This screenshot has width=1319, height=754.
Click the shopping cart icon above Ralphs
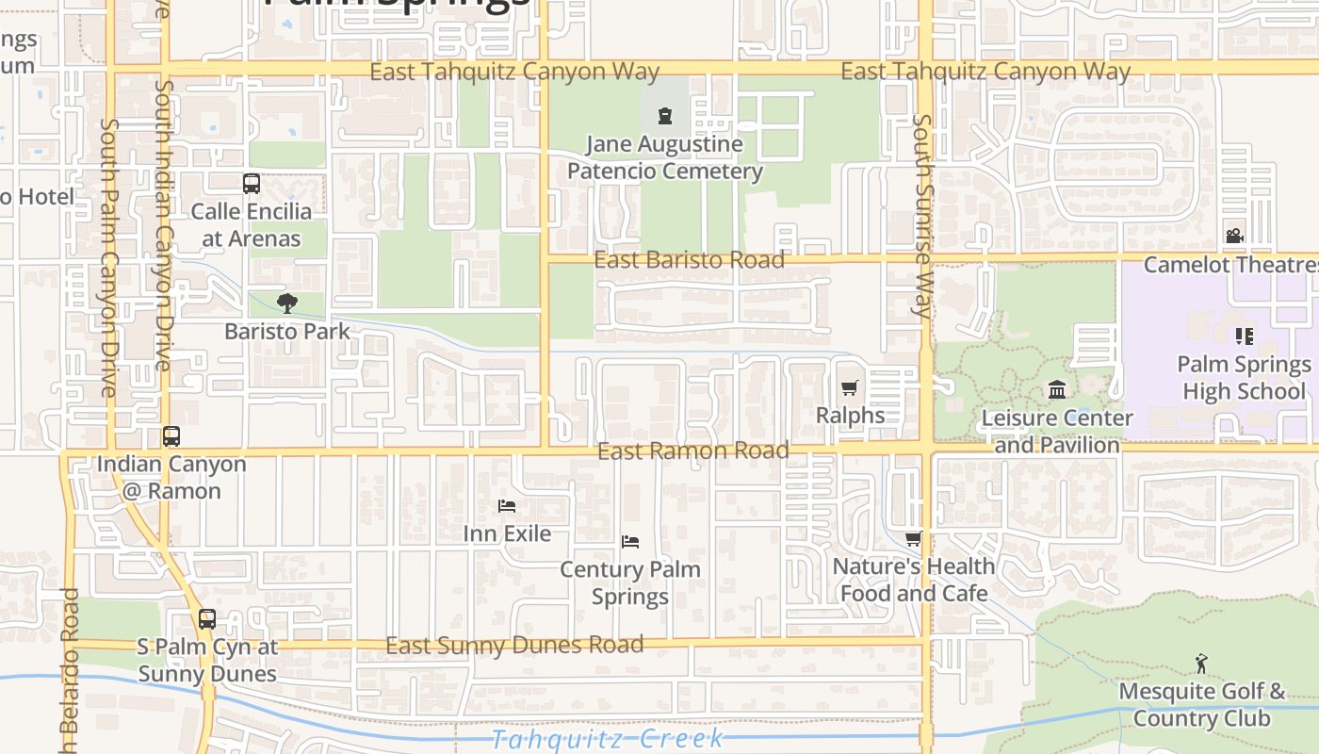(x=849, y=387)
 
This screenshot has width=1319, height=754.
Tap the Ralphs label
(x=850, y=415)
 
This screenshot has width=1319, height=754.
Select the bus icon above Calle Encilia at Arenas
(x=251, y=184)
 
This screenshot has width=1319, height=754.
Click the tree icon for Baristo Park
(x=287, y=303)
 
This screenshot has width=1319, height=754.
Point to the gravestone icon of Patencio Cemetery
(x=665, y=117)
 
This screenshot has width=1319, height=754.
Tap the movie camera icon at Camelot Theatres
(x=1234, y=237)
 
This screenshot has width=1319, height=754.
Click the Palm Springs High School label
(x=1244, y=377)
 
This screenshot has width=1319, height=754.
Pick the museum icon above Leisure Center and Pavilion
(x=1057, y=389)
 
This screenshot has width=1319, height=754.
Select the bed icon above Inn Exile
(x=507, y=506)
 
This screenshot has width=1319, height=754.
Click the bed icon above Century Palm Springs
(x=630, y=542)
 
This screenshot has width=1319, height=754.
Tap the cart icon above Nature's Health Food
(x=913, y=539)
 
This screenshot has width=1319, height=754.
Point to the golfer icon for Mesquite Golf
(x=1201, y=664)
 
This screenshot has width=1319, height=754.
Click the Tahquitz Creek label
(x=608, y=738)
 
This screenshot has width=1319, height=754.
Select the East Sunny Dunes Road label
(x=514, y=646)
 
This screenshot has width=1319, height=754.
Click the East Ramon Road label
(x=693, y=451)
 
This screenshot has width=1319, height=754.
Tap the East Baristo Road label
(x=689, y=260)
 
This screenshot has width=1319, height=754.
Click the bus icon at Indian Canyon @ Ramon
(x=171, y=436)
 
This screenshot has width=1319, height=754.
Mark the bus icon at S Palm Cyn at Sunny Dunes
(x=206, y=619)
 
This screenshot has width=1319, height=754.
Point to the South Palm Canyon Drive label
(x=108, y=256)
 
